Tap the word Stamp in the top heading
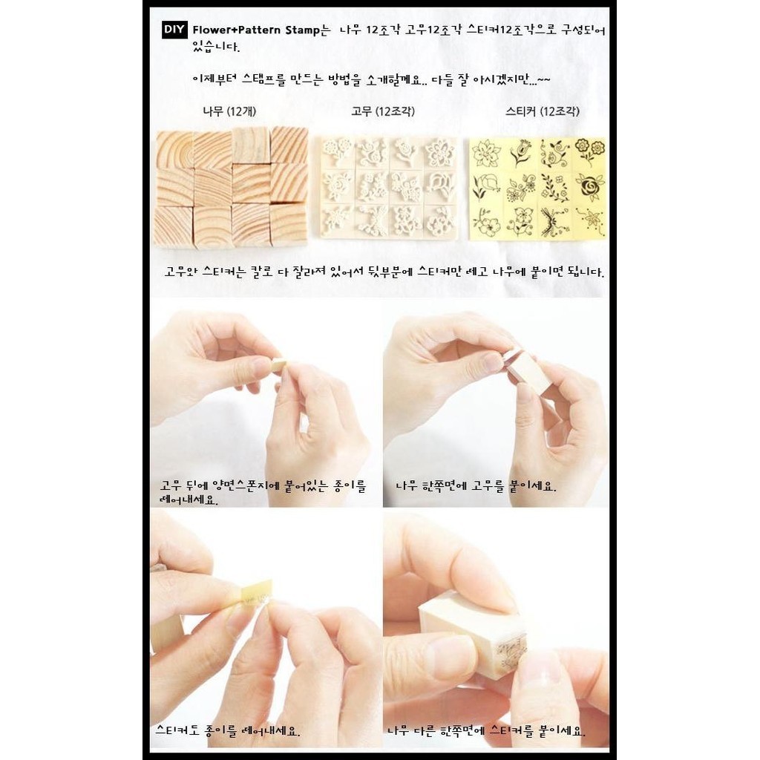[x=302, y=30]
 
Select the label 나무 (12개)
[x=229, y=111]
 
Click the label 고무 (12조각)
[x=382, y=111]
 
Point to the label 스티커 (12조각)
[x=542, y=111]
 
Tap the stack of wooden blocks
[x=231, y=187]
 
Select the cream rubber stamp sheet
[x=388, y=187]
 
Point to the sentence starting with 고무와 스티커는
[x=384, y=272]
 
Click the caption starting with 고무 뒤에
[x=263, y=493]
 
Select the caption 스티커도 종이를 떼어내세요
[x=227, y=731]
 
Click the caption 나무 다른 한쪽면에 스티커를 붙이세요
[x=486, y=731]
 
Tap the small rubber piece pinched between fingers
[x=278, y=364]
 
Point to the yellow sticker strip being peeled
[x=256, y=592]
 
